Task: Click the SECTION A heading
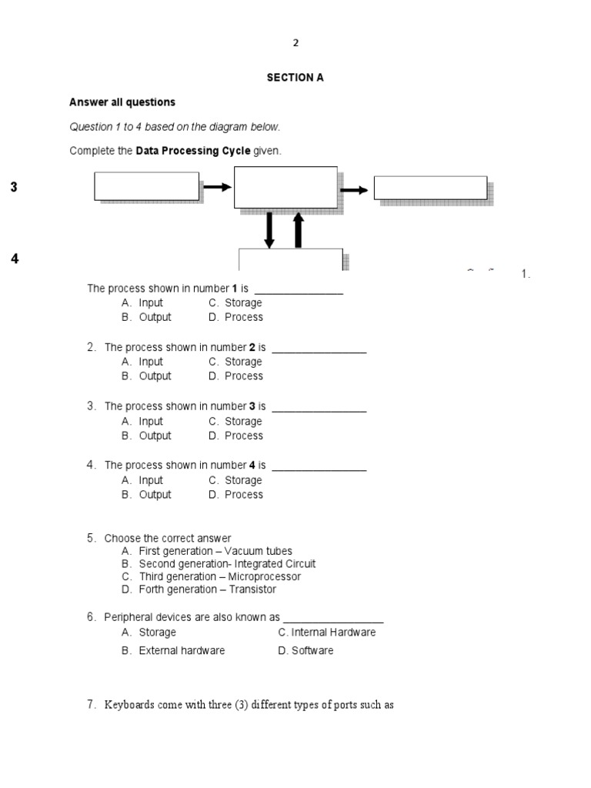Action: pos(295,78)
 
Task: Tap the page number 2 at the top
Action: pos(295,43)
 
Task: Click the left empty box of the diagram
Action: pos(146,186)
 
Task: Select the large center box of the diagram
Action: pos(285,187)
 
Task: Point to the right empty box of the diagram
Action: pos(430,188)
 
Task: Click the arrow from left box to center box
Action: pos(216,186)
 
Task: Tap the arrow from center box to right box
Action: pos(354,189)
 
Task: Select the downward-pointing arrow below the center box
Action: pos(269,229)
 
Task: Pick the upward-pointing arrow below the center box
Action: pos(299,229)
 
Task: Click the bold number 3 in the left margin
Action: pos(14,188)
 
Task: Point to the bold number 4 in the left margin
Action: pos(14,259)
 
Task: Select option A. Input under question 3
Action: pos(142,422)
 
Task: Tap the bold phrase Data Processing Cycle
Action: pos(193,151)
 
